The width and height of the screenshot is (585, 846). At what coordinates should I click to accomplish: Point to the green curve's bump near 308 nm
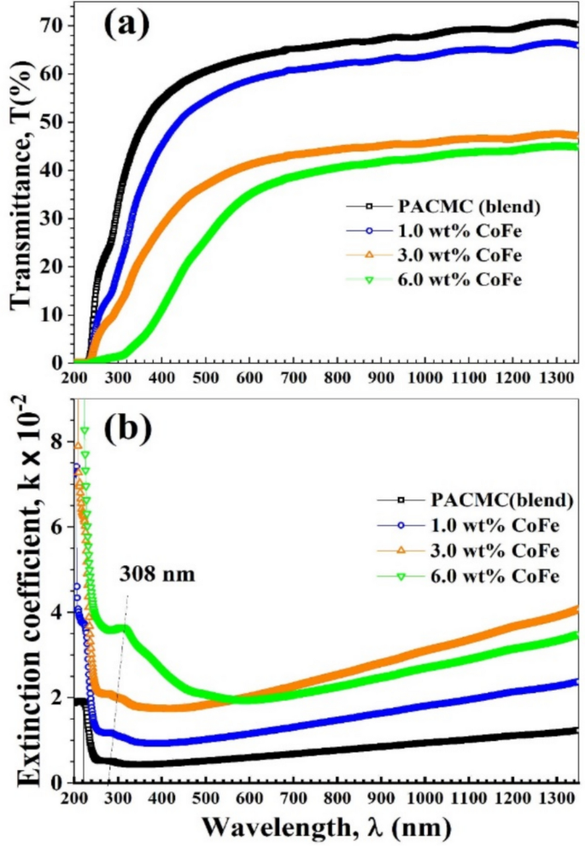[123, 628]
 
